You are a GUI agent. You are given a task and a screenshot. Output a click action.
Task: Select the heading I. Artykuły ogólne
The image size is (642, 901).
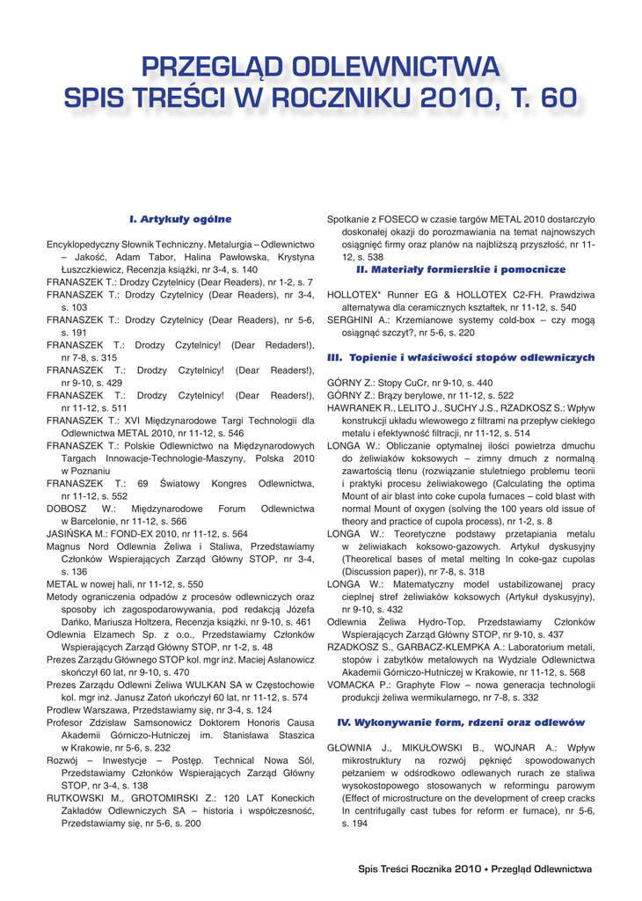[180, 218]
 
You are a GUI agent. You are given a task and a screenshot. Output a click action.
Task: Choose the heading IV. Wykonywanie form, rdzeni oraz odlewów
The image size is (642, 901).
[461, 722]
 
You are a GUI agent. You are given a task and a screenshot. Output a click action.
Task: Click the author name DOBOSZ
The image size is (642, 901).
[67, 509]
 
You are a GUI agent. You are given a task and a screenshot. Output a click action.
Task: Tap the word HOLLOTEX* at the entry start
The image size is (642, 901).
[354, 295]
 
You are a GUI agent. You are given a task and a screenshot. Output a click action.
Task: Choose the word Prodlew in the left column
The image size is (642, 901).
[67, 709]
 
